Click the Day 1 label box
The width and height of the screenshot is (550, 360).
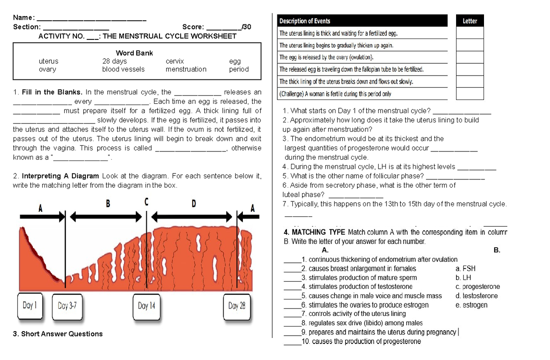pyautogui.click(x=30, y=305)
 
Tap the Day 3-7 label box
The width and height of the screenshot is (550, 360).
pyautogui.click(x=70, y=305)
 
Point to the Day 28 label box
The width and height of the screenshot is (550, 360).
pyautogui.click(x=236, y=305)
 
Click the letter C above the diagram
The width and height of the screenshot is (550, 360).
pyautogui.click(x=146, y=202)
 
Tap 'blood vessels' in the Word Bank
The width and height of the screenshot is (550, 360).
pyautogui.click(x=123, y=69)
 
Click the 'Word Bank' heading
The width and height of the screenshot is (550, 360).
pyautogui.click(x=134, y=53)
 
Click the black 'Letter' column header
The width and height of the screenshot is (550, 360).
pyautogui.click(x=470, y=21)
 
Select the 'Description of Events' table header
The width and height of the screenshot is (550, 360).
pyautogui.click(x=305, y=21)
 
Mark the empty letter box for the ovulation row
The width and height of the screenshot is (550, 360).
pyautogui.click(x=470, y=57)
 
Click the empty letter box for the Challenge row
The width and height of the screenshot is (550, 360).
pyautogui.click(x=470, y=94)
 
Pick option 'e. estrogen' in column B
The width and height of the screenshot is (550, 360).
pyautogui.click(x=472, y=305)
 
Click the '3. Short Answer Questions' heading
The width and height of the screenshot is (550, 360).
pyautogui.click(x=57, y=334)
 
